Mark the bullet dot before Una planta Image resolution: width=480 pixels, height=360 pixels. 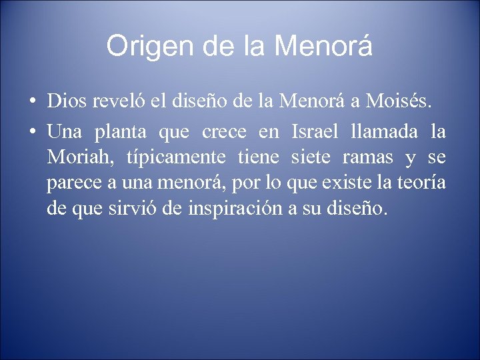pyautogui.click(x=32, y=131)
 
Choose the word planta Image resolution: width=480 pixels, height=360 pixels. pyautogui.click(x=114, y=131)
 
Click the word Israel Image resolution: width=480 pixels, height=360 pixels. pyautogui.click(x=314, y=131)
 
